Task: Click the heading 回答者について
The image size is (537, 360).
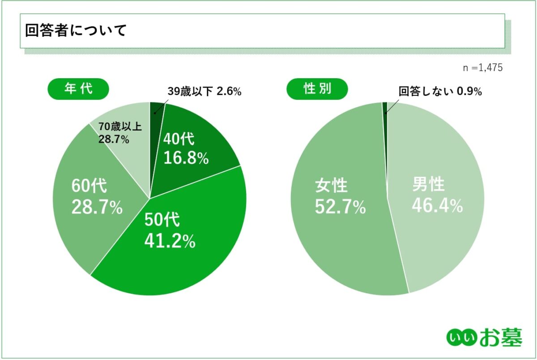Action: coord(76,31)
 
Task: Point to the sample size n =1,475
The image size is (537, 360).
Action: coord(482,68)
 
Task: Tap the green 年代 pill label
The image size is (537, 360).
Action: coord(78,89)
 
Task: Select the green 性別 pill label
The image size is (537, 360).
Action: coord(317,89)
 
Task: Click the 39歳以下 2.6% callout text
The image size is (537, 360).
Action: coord(205,92)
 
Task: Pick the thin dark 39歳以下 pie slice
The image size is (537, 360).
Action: coord(157,110)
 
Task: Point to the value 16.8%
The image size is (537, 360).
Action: coord(186,158)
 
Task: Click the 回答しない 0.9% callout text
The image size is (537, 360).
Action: coord(440,92)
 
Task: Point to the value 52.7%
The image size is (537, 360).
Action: coord(340,207)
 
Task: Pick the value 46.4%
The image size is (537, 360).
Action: coord(437,206)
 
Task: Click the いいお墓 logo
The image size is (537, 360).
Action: coord(484,338)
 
